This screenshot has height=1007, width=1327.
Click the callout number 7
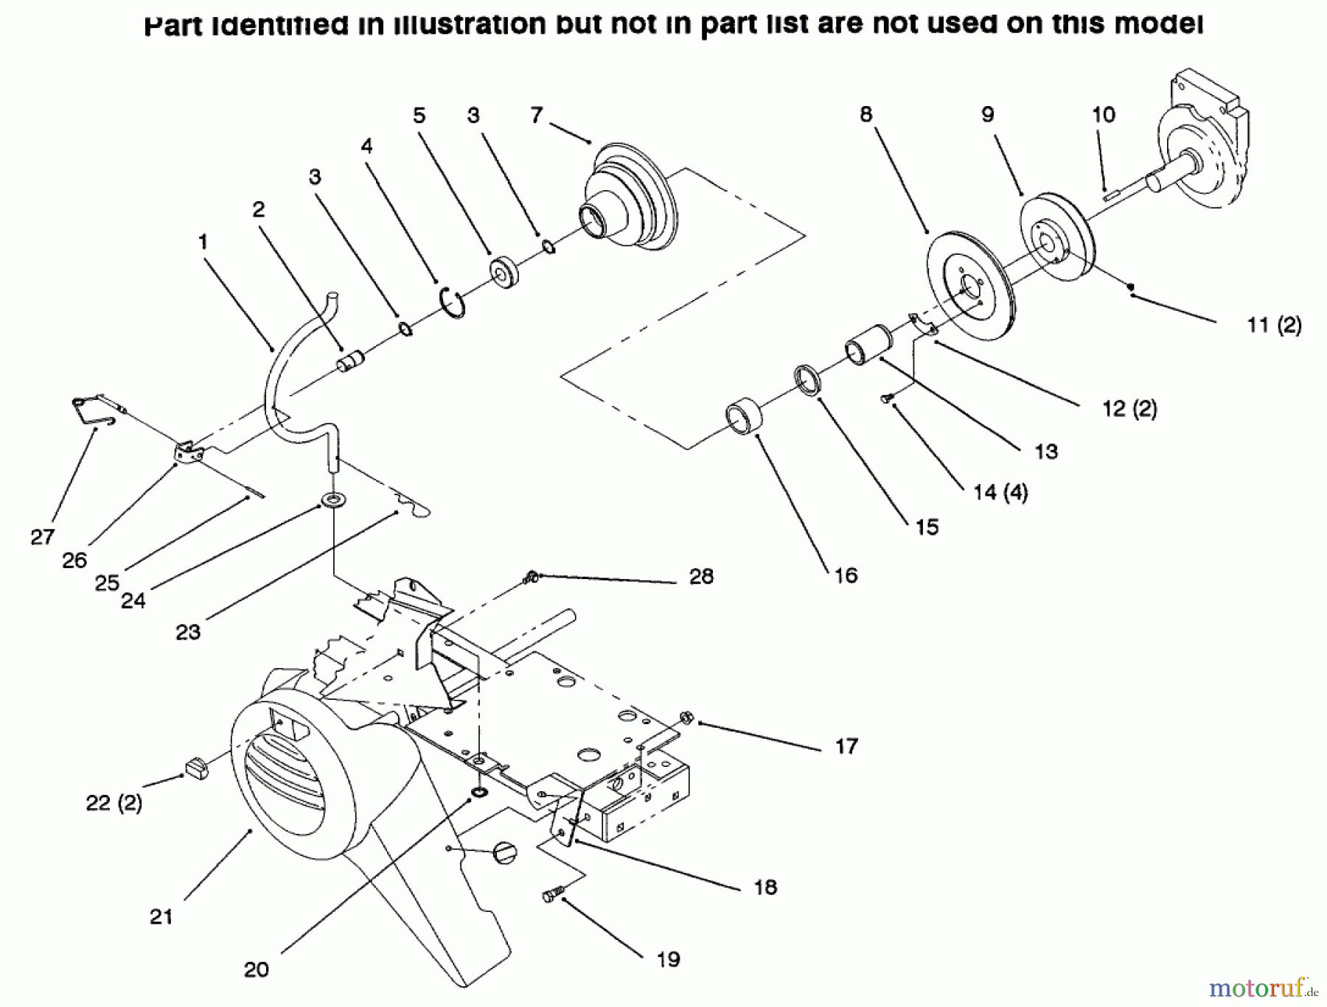536,116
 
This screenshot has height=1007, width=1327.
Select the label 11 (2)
1274,325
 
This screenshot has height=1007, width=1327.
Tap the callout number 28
701,577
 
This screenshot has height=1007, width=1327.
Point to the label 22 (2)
114,803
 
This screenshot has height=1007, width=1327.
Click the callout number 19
668,959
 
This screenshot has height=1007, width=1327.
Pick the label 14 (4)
1000,492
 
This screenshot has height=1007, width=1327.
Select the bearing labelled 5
504,271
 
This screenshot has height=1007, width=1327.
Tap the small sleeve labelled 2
351,361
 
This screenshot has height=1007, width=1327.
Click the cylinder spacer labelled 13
868,344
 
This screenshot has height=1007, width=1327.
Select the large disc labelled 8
969,287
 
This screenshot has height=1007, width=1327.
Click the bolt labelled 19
551,895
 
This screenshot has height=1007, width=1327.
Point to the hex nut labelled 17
686,716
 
